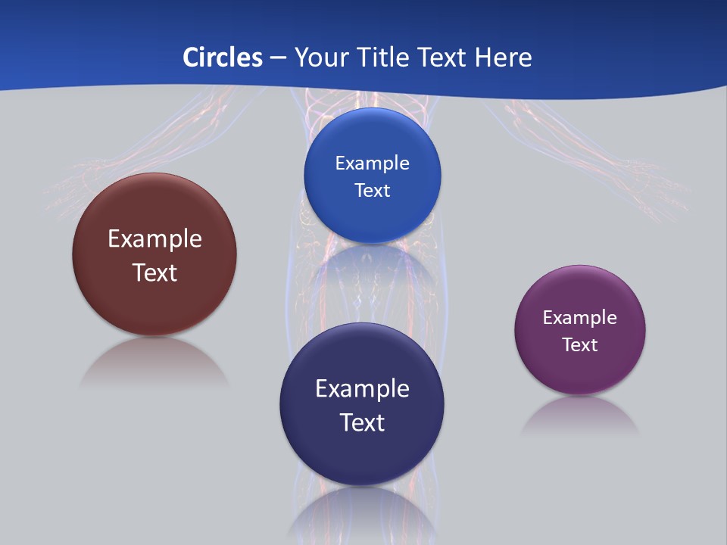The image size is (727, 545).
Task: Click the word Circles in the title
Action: point(222,58)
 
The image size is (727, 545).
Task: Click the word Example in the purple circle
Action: point(580,318)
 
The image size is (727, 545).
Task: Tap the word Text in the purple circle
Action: point(580,345)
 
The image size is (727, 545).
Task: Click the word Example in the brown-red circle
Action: point(154,239)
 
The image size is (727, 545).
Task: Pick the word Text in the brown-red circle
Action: point(154,272)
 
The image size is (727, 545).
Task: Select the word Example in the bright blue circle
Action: point(372,163)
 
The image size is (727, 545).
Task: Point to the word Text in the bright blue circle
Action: point(372,191)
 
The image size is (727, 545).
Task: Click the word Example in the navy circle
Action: point(362,389)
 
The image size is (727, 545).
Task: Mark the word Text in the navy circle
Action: point(362,422)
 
